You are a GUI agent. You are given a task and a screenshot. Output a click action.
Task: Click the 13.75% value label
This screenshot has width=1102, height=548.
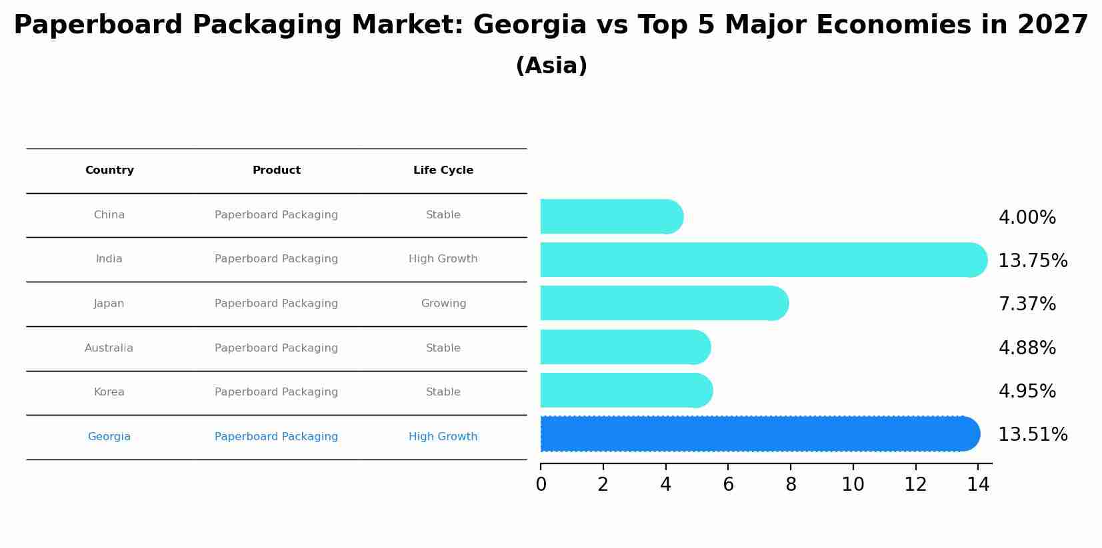pos(1033,261)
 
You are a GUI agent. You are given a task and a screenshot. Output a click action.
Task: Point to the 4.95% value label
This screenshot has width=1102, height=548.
pos(1027,392)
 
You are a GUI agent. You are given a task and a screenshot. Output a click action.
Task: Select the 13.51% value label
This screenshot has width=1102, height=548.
pos(1033,435)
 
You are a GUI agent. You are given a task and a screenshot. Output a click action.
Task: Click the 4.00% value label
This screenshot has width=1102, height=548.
pos(1027,218)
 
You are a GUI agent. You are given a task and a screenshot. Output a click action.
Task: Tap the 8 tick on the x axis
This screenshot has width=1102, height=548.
pos(791,485)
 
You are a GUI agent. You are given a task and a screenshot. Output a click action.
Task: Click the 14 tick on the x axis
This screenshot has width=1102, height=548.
pos(978,485)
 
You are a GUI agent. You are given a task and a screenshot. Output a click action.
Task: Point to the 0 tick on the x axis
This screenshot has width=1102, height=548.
pos(541,485)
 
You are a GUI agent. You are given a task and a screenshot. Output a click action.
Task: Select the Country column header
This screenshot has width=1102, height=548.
pos(109,170)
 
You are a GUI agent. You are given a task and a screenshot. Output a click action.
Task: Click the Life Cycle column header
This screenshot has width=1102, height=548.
pos(443,170)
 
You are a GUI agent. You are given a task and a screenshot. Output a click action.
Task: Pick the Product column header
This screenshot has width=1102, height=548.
pos(277,170)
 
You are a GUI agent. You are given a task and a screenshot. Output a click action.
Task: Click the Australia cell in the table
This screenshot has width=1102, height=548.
pos(109,348)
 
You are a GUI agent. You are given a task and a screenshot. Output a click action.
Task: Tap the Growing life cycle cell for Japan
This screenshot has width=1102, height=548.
pos(443,304)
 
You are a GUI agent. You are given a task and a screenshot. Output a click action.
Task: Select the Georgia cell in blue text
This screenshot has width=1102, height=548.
pos(109,437)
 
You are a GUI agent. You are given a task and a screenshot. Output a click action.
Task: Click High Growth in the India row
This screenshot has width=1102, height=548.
pos(443,259)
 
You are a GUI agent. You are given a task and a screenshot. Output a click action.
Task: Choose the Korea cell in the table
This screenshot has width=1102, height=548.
pos(109,392)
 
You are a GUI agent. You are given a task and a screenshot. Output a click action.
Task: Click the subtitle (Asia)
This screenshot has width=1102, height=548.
pos(551,66)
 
